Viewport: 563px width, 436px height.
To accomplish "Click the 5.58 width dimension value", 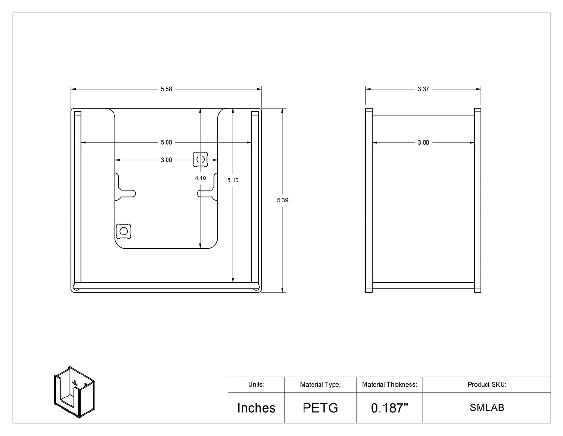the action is point(166,89).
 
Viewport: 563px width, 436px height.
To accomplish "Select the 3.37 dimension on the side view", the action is point(423,89).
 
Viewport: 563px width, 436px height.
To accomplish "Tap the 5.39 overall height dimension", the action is point(282,200).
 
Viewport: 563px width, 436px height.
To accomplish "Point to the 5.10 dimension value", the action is point(233,180).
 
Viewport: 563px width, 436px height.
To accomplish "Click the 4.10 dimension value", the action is point(200,178).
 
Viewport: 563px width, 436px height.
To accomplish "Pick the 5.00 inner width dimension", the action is point(166,143).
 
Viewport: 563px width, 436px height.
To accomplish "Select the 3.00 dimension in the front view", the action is point(166,160).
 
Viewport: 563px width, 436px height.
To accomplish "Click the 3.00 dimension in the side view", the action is point(423,143).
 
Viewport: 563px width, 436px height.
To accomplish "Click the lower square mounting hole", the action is point(123,231).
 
